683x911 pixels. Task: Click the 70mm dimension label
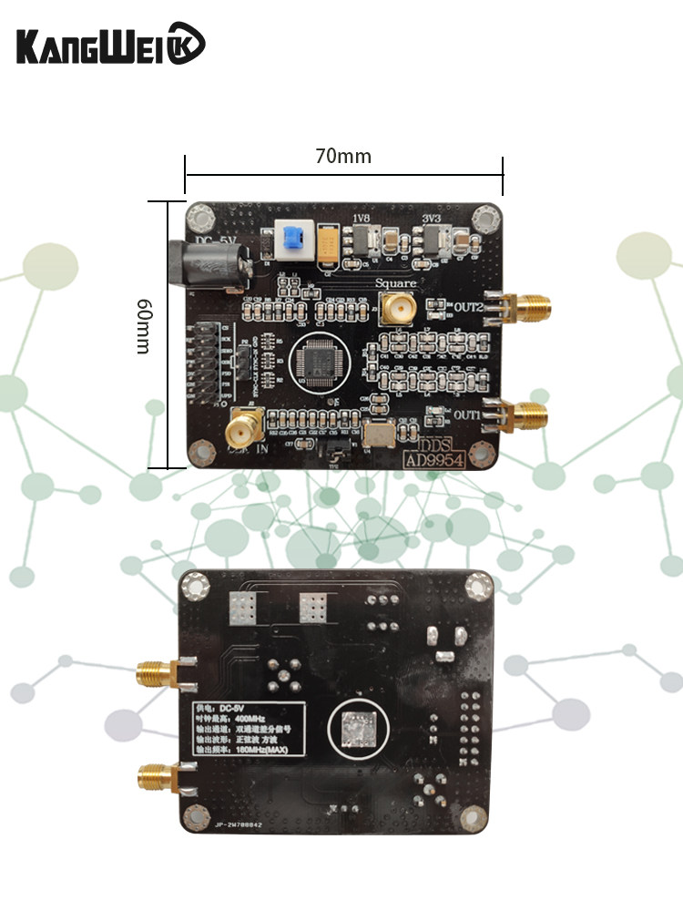[x=343, y=157]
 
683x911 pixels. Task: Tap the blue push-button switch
[x=291, y=241]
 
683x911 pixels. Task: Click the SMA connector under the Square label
[x=396, y=309]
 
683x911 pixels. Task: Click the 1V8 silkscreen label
[x=362, y=219]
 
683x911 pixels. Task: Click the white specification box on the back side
[x=244, y=730]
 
